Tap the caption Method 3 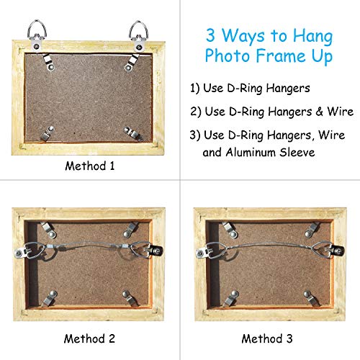266,338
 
